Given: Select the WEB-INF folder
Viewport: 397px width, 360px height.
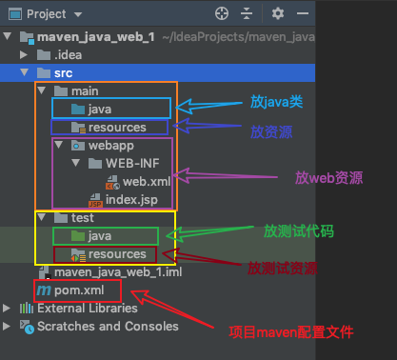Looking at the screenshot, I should pos(132,163).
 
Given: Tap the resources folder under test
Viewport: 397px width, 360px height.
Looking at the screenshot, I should pos(117,253).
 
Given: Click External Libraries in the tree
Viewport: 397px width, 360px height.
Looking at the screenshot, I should pos(87,308).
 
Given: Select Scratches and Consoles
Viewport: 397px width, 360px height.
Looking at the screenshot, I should pos(107,326).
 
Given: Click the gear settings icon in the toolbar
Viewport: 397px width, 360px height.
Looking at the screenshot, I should pos(278,13).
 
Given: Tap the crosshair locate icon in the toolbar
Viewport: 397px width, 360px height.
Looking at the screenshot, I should pos(221,13).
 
